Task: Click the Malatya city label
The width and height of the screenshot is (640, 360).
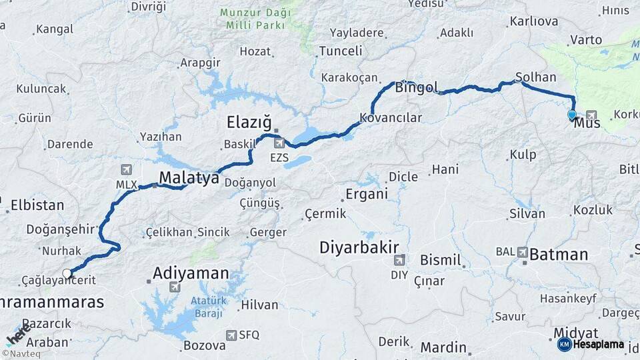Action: tap(189, 178)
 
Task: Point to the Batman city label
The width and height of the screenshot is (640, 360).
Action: tap(559, 254)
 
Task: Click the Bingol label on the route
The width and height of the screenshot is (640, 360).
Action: tap(417, 87)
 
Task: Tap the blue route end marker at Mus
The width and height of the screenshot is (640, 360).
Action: tap(571, 115)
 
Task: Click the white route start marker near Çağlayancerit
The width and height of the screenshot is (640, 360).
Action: tap(67, 273)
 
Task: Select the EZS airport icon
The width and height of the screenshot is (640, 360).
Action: tap(279, 142)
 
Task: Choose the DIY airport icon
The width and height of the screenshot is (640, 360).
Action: tap(399, 260)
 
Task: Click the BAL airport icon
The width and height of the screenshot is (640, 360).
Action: tap(521, 252)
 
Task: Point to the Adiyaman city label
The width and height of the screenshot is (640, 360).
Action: tap(191, 273)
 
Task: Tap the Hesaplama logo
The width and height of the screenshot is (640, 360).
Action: tap(591, 344)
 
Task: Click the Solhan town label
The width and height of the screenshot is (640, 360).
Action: tap(535, 77)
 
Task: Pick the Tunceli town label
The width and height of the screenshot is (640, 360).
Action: tap(341, 51)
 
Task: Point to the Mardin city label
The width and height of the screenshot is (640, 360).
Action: tap(443, 347)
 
